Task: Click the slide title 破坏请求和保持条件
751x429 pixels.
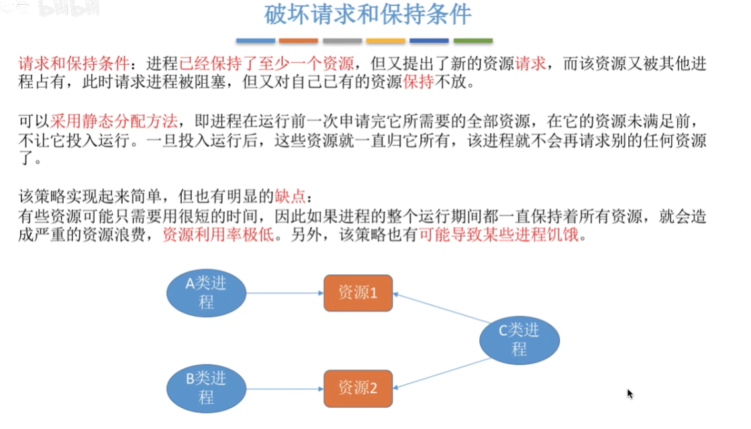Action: tap(368, 14)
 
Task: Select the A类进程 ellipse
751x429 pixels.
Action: tap(207, 293)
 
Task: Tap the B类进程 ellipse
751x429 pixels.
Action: tap(207, 388)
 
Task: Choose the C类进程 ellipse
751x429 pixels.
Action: tap(519, 340)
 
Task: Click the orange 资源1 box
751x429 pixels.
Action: tap(358, 293)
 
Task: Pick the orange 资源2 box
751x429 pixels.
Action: tap(358, 388)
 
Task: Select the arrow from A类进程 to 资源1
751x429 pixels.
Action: tap(285, 293)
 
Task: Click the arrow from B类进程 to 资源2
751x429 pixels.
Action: tap(285, 388)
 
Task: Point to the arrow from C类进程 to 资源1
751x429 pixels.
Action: tap(442, 308)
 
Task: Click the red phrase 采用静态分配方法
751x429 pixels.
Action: tap(114, 121)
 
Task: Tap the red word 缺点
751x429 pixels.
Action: tap(290, 196)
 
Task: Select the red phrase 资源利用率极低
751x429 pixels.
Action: tap(218, 235)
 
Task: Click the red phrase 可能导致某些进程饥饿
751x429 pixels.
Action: tap(499, 235)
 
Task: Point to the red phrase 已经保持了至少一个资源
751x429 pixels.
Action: tap(266, 63)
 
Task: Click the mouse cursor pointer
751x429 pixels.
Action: tap(630, 393)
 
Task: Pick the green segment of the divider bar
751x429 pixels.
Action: tap(472, 41)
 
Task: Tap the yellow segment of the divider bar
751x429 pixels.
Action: tap(385, 41)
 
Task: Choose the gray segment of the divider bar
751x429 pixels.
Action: tap(342, 41)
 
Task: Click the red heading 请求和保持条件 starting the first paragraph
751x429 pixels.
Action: tap(74, 63)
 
